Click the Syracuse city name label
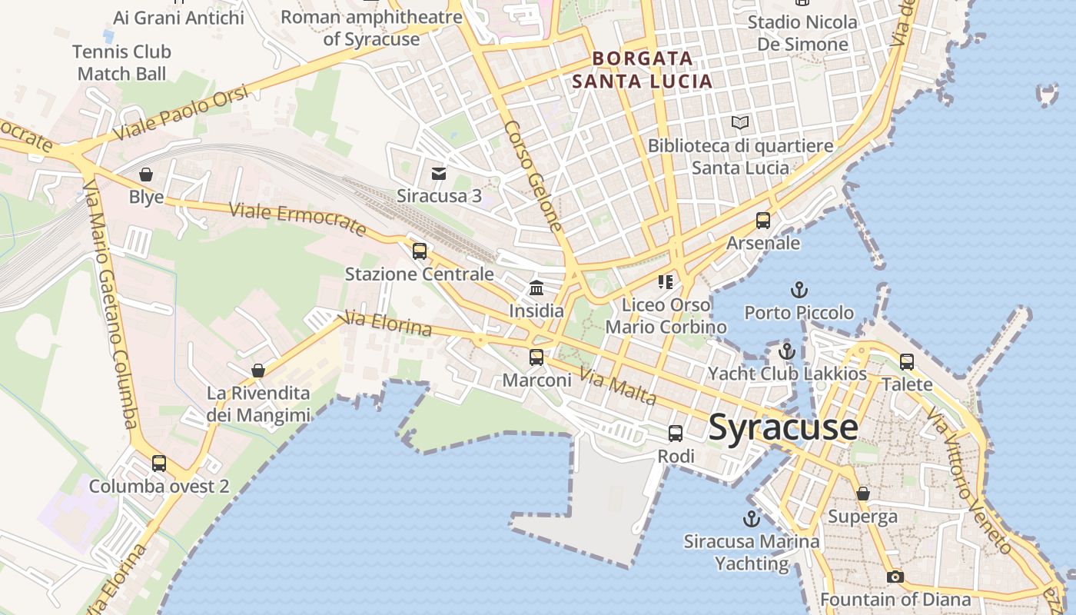point(782,427)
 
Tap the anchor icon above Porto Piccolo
point(799,291)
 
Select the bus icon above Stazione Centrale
point(419,251)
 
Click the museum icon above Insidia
point(536,288)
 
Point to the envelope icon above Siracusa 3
point(439,174)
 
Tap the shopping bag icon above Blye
point(146,175)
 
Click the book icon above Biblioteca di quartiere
point(740,123)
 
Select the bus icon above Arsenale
point(763,221)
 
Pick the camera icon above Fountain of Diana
point(895,577)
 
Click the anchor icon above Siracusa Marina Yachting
point(752,518)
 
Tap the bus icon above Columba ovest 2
point(159,464)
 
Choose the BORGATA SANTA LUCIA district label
point(643,69)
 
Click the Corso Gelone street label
point(533,176)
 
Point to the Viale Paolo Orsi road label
point(181,113)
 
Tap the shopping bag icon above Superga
point(863,494)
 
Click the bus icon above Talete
point(907,361)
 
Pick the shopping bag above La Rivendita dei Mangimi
point(258,371)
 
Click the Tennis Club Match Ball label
point(122,63)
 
